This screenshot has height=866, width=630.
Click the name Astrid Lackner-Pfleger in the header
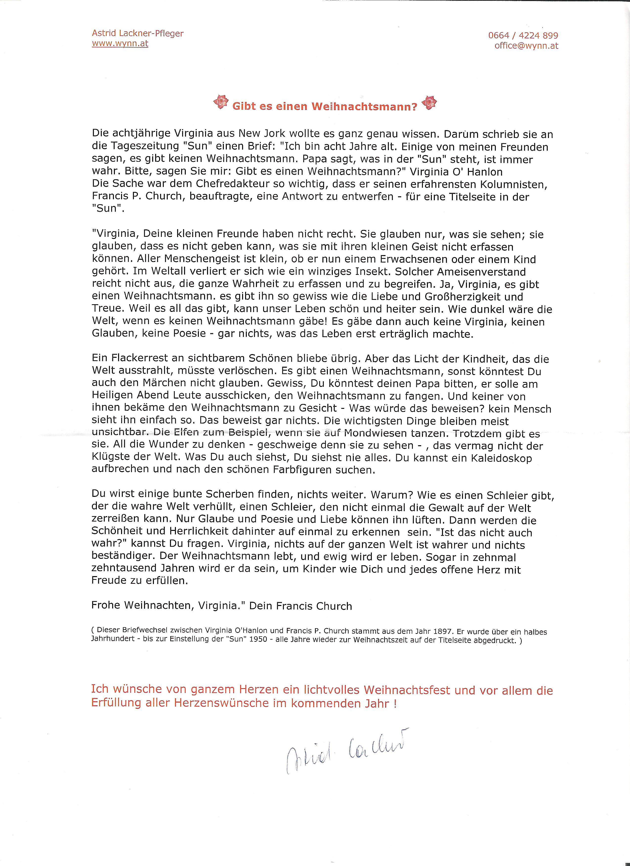tap(138, 34)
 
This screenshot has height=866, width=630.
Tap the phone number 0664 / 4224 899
tap(523, 36)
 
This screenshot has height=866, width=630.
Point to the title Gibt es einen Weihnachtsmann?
tap(325, 106)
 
